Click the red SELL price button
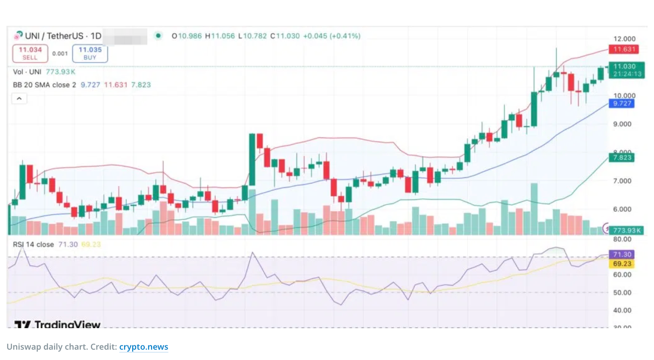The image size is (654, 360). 30,53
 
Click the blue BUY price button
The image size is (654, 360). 90,53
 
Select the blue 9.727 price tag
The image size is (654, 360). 621,103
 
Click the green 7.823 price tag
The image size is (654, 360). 621,158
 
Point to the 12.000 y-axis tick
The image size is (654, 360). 624,39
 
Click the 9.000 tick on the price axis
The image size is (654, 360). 622,124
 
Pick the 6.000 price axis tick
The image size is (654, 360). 622,209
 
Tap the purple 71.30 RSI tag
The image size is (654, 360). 621,254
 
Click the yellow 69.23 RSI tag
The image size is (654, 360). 621,264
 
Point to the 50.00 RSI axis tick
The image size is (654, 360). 622,292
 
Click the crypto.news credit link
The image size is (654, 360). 143,347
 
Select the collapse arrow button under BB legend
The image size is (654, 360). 19,99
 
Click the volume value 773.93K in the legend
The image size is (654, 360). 60,72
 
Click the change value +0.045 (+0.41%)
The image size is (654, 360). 331,36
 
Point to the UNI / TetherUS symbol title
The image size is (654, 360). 63,36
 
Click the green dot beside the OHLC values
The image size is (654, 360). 158,36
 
